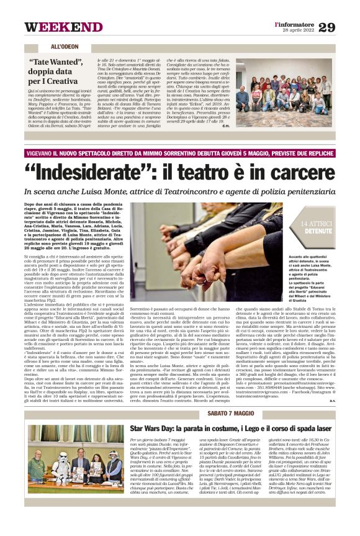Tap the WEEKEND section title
[63, 27]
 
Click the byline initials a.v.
[331, 383]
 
